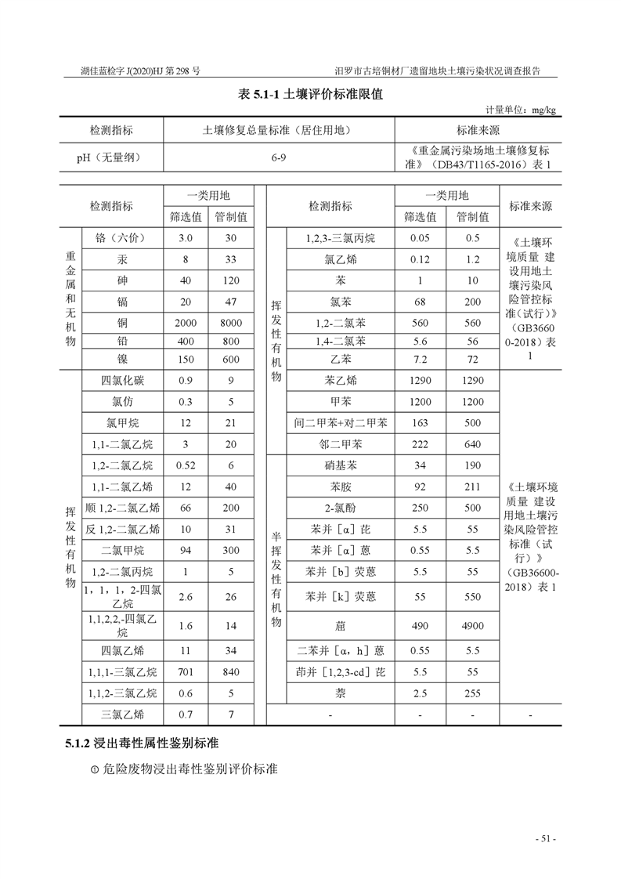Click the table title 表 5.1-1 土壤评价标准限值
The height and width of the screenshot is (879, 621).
point(310,94)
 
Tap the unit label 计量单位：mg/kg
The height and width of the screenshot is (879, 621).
point(520,110)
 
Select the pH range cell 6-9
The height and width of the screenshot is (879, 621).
point(279,157)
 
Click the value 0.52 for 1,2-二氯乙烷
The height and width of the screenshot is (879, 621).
point(186,465)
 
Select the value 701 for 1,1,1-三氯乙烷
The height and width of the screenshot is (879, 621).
point(186,671)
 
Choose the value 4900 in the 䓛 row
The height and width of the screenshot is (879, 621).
point(473,625)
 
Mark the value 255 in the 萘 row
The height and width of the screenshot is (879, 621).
point(473,693)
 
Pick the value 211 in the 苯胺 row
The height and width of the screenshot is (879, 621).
point(473,487)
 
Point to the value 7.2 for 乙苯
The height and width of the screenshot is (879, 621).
point(420,360)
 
